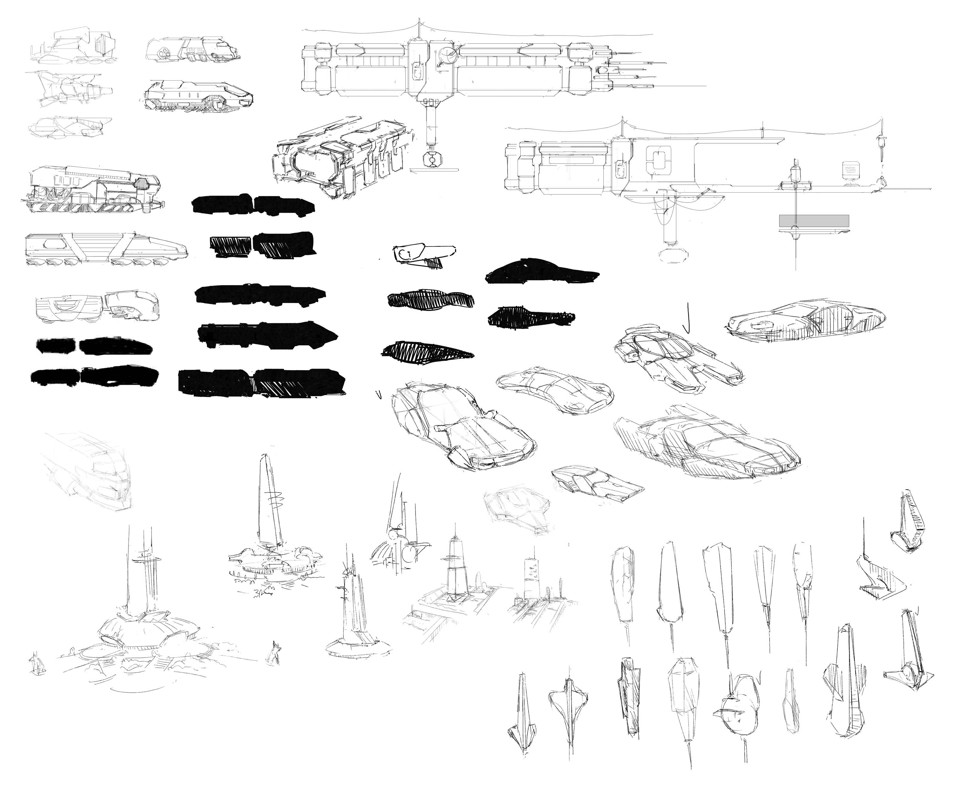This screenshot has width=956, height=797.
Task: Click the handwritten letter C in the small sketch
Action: click(402, 254)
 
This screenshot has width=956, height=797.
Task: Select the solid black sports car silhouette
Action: click(542, 272)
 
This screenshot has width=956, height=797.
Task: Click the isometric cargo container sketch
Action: click(344, 157)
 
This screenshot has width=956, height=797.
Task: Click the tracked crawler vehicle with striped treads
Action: click(91, 191)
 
